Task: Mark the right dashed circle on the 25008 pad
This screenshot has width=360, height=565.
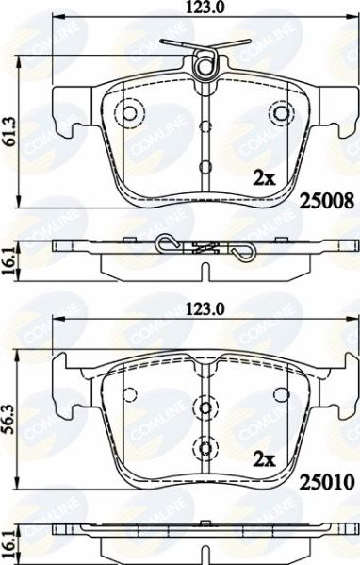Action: [280, 112]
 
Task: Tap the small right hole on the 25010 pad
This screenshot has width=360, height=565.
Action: [279, 395]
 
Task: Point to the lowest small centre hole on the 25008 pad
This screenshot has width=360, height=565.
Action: [205, 166]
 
